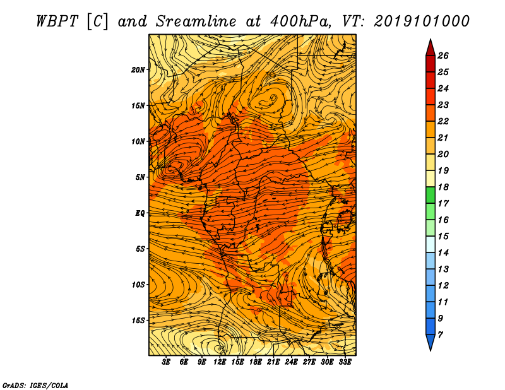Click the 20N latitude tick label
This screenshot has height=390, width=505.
coord(138,70)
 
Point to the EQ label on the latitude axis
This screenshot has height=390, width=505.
coord(140,213)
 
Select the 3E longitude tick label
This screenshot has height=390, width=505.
coord(166,362)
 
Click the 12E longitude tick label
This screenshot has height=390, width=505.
coord(219,362)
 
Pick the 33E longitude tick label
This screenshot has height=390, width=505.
coord(345,362)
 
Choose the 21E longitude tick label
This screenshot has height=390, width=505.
coord(273,362)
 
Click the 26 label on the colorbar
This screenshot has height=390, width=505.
coord(443,56)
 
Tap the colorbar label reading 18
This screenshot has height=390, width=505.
coord(443,187)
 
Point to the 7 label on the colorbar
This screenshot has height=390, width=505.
coord(440,335)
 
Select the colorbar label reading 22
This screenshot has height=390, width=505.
coord(443,121)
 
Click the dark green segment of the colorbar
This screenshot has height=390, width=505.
coord(431,195)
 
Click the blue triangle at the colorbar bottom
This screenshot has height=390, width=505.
coord(431,342)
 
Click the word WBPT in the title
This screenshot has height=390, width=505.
coord(57,21)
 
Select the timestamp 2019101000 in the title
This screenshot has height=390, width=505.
coord(422,21)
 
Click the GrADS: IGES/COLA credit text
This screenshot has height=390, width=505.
coord(35,386)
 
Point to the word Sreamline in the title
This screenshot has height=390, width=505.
coord(196,21)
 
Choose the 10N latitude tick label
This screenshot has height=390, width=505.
coord(138,142)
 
